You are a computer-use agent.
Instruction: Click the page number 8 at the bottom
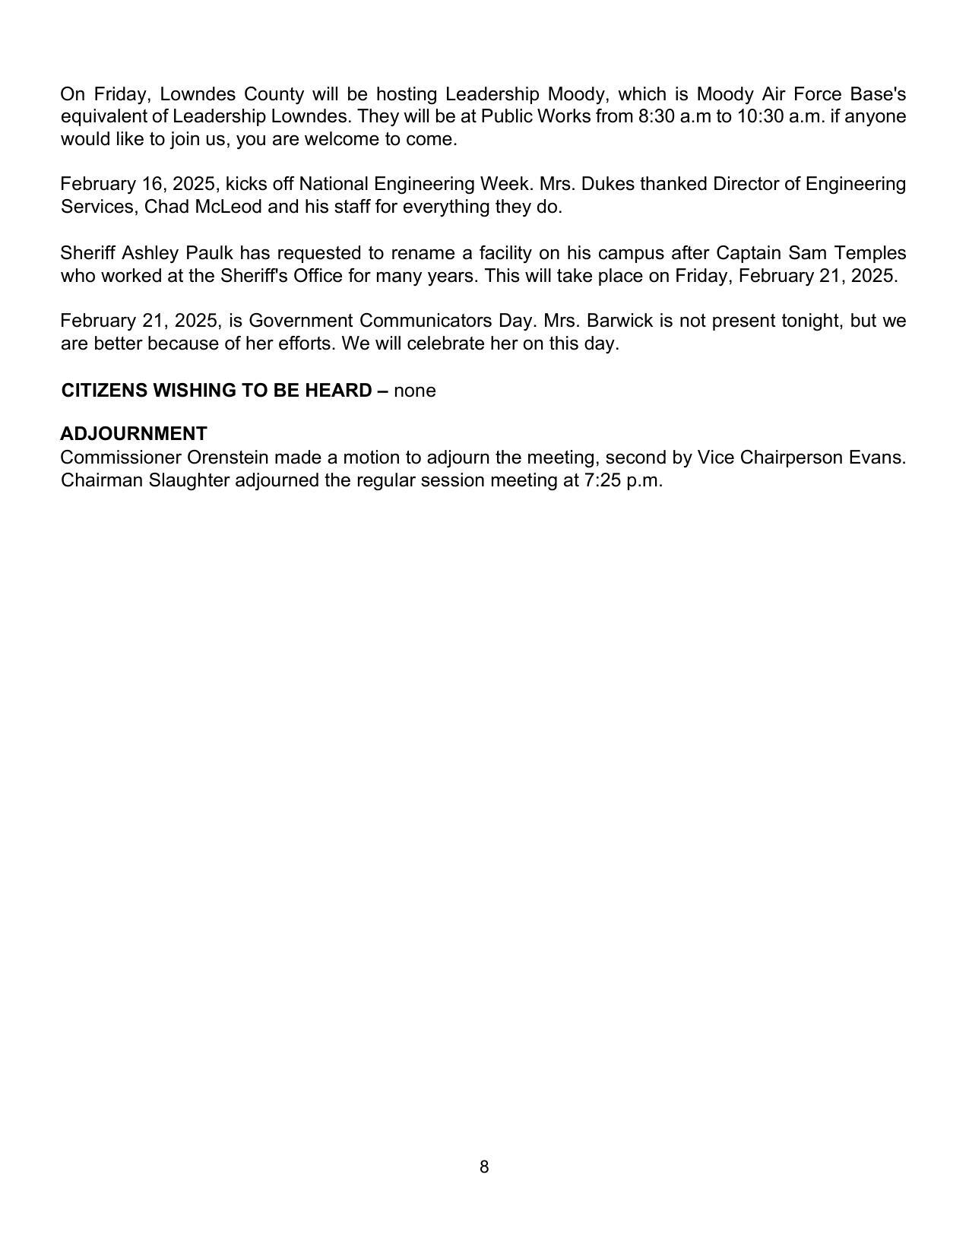point(484,1167)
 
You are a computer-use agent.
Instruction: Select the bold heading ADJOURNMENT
point(134,434)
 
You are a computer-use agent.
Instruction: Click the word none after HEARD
point(415,391)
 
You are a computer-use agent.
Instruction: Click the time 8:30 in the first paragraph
point(655,116)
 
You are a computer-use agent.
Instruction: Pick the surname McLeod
point(228,207)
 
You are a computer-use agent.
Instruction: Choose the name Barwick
point(619,321)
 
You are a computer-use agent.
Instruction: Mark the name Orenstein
point(227,458)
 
